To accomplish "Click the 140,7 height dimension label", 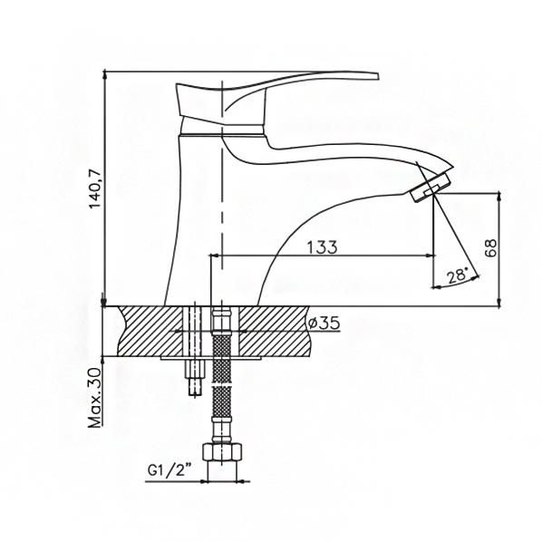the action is tap(95, 189).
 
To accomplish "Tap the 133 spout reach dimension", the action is tap(322, 247).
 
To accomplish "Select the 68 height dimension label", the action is tap(490, 247).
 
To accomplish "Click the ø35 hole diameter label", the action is tap(324, 324).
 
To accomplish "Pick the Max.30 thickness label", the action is tap(95, 398).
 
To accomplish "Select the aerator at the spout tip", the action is tap(431, 187).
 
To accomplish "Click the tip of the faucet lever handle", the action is tap(378, 76).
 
